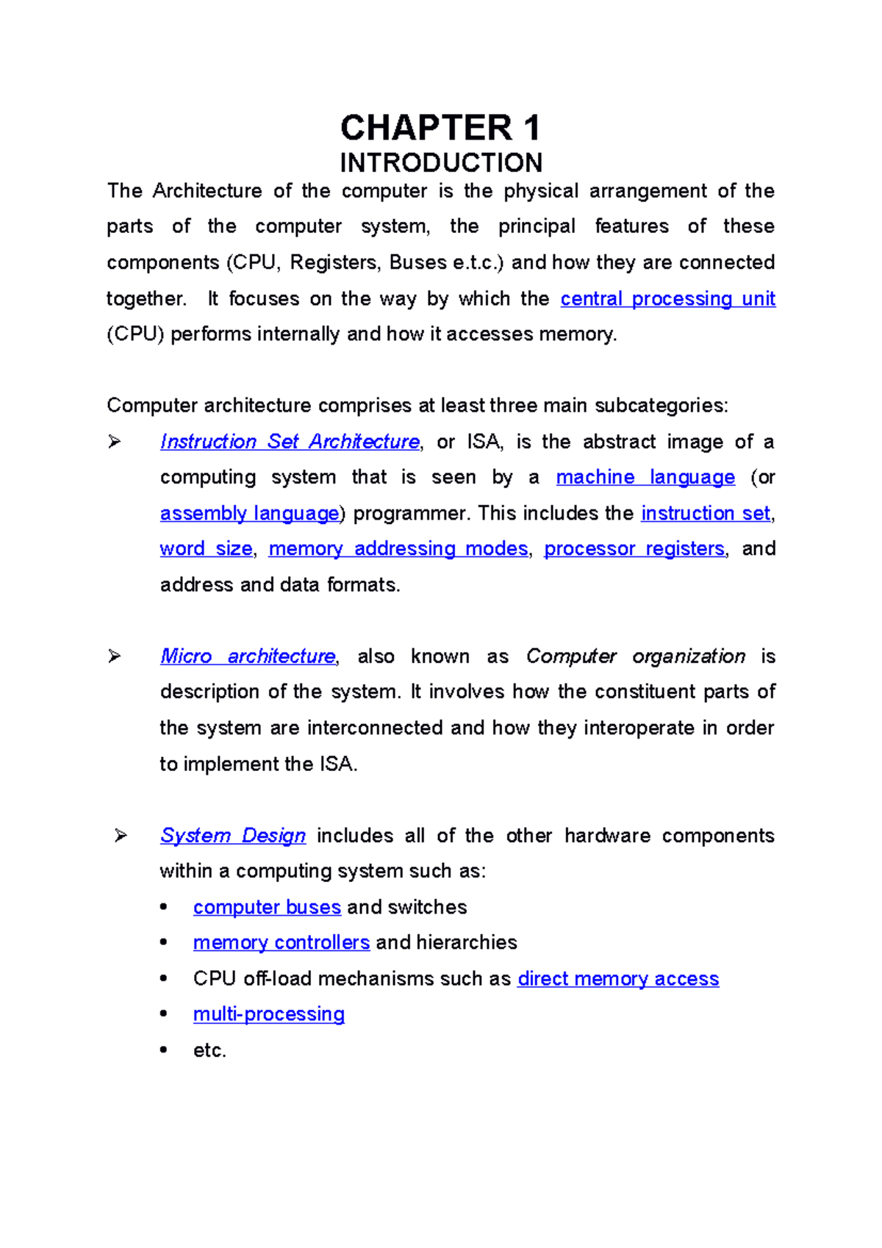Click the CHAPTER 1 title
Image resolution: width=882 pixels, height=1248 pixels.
(x=440, y=128)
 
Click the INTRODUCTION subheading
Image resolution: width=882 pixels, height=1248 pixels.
(x=441, y=162)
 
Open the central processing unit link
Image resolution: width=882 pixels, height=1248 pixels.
(x=667, y=298)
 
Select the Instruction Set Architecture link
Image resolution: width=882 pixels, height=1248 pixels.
(x=290, y=442)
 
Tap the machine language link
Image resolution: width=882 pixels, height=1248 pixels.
(x=645, y=477)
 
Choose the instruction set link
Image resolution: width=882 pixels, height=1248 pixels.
(x=706, y=513)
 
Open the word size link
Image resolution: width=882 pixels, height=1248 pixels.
(x=206, y=548)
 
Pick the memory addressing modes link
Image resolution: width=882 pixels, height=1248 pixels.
(x=398, y=548)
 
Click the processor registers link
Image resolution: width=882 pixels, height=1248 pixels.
(x=634, y=548)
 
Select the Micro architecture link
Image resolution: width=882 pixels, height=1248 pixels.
(x=248, y=656)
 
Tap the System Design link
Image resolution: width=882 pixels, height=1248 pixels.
(x=233, y=836)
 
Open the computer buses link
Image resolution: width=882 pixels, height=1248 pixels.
(x=267, y=907)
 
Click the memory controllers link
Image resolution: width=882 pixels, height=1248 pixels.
(x=282, y=942)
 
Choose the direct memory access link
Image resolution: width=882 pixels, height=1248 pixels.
(x=618, y=979)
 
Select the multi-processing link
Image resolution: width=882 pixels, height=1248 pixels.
(x=269, y=1014)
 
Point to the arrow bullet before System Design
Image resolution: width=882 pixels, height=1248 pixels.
(x=121, y=836)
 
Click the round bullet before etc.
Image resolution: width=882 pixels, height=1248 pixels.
(x=163, y=1050)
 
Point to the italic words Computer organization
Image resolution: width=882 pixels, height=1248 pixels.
(x=636, y=656)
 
